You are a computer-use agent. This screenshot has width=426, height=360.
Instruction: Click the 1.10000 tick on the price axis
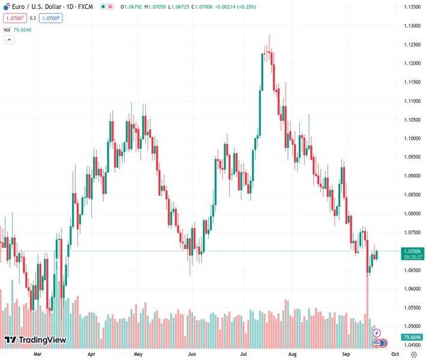(412, 139)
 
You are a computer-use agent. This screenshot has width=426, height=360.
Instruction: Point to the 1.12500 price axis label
(412, 44)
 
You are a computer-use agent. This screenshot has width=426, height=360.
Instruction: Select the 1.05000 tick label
(412, 326)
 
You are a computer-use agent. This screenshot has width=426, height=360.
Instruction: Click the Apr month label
(91, 354)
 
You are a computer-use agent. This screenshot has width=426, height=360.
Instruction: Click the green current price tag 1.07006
(413, 251)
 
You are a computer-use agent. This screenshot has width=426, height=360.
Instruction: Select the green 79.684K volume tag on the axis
(413, 337)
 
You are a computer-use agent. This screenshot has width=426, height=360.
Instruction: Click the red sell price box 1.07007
(14, 18)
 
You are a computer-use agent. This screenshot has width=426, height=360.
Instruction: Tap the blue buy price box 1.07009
(51, 18)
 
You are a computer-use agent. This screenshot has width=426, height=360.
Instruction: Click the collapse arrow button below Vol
(9, 40)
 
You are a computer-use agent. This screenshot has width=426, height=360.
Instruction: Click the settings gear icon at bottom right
(413, 354)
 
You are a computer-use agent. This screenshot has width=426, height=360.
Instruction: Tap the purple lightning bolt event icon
(377, 332)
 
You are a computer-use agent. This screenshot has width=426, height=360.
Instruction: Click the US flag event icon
(377, 343)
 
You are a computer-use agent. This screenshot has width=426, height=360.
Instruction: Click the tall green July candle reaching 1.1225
(263, 72)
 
